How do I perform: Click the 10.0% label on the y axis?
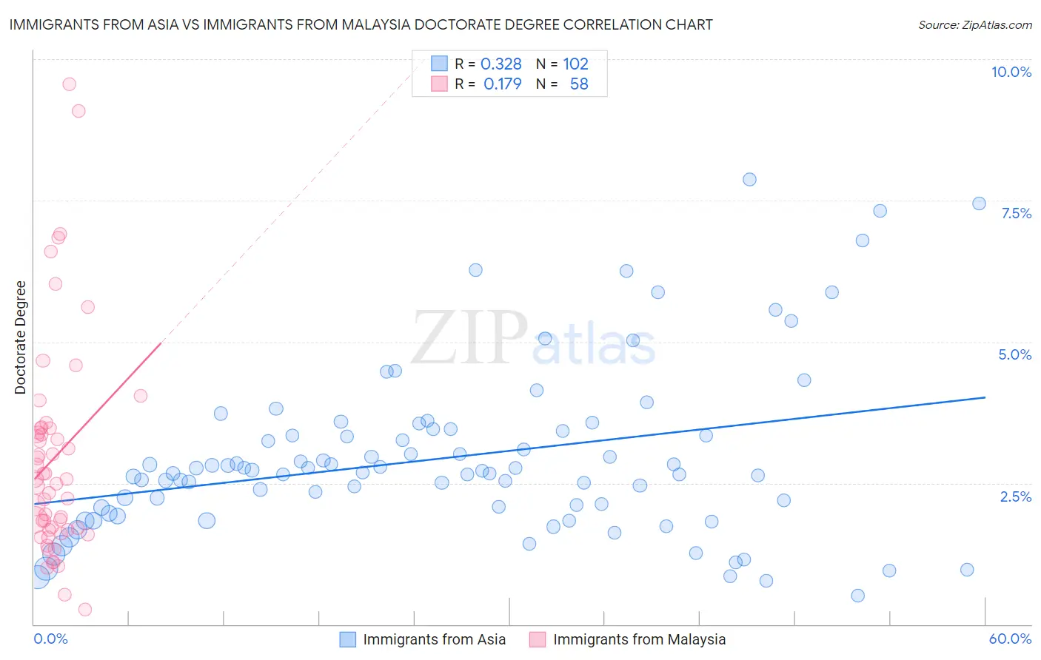point(1011,72)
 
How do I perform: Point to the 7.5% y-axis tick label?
point(1016,213)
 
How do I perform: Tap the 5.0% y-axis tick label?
point(1014,354)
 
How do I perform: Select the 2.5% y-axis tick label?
point(1015,496)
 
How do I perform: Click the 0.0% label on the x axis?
point(50,639)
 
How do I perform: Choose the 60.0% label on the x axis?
point(1009,639)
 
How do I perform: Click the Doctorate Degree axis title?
point(20,337)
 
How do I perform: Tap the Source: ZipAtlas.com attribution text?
point(974,25)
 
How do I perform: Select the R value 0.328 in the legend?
point(501,64)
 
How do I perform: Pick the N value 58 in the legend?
point(578,84)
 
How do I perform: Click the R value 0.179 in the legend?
point(502,84)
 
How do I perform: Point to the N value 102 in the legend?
point(575,64)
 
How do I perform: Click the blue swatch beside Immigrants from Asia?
point(348,639)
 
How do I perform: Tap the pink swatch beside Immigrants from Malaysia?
point(538,639)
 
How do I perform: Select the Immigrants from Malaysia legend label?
point(639,639)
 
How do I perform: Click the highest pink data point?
point(69,84)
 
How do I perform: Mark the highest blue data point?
point(749,179)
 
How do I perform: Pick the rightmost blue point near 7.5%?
point(979,203)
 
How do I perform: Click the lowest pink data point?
point(85,609)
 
